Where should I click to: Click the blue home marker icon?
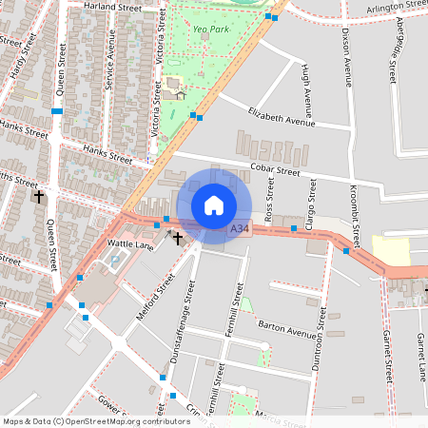pyautogui.click(x=214, y=204)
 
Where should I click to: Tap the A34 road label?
pyautogui.click(x=241, y=228)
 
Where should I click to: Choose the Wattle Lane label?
pyautogui.click(x=130, y=244)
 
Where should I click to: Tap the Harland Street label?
pyautogui.click(x=112, y=8)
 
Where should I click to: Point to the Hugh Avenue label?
pyautogui.click(x=304, y=86)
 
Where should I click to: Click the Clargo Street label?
pyautogui.click(x=311, y=200)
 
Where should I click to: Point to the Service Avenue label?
pyautogui.click(x=110, y=67)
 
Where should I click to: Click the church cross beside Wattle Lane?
pyautogui.click(x=177, y=236)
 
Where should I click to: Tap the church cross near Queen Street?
pyautogui.click(x=39, y=197)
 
